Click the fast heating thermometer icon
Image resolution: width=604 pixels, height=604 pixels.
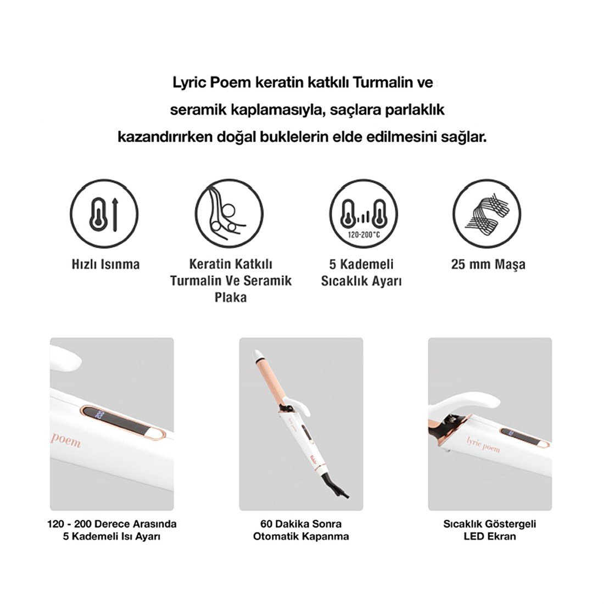[x=104, y=214]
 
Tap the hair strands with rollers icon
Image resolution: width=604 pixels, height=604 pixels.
[x=229, y=214]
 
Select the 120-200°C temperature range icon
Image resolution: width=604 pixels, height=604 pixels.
[x=363, y=214]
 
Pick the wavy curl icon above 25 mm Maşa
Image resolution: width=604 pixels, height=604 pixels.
[x=487, y=214]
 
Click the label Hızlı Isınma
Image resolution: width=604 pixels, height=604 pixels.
[x=105, y=265]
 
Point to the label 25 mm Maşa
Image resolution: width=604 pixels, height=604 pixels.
[x=488, y=265]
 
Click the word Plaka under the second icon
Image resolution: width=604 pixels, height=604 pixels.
[x=231, y=298]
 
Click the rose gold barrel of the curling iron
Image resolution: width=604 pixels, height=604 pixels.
[x=271, y=380]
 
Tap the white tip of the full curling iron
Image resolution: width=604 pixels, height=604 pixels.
[x=258, y=354]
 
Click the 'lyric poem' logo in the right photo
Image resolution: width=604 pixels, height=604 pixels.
[x=483, y=445]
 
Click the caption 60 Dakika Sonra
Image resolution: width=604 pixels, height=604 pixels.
[x=301, y=524]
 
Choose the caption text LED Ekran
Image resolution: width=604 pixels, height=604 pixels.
[x=490, y=536]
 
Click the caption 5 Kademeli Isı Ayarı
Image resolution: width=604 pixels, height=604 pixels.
[x=111, y=536]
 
